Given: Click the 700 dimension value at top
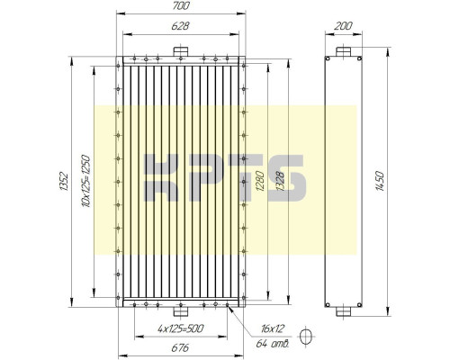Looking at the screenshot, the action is (181, 5).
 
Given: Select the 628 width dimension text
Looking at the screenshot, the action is (180, 26).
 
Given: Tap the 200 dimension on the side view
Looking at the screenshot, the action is (343, 26).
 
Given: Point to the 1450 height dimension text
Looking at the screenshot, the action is (380, 181).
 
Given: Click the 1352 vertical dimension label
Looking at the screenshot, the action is (64, 181).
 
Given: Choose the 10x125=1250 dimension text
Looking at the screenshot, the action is (85, 181).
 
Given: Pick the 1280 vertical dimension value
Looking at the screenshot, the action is (260, 181).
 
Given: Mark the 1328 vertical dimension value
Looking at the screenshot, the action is (281, 181).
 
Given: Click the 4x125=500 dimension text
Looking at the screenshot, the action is (180, 328).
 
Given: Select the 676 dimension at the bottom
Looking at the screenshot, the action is (180, 347).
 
